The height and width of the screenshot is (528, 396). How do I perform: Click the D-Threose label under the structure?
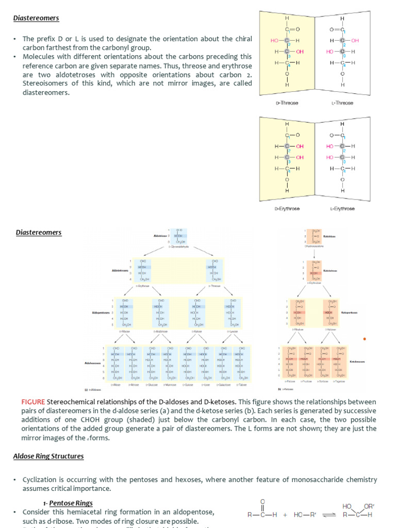point(287,103)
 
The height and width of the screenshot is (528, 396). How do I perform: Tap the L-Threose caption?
point(342,103)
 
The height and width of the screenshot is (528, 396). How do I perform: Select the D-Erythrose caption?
point(287,209)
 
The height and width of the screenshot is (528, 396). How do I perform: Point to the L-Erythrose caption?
point(342,209)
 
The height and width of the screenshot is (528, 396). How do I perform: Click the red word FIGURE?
point(33,402)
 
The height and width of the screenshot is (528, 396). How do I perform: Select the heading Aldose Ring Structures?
point(48,456)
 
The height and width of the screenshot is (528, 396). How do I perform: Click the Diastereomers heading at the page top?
point(36,18)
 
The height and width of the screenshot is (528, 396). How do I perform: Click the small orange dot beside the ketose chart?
point(365,339)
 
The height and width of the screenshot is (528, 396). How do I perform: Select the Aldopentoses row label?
point(101,312)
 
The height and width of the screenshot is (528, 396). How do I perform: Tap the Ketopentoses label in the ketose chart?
point(349,312)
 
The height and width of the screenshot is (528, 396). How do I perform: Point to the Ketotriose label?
point(329,237)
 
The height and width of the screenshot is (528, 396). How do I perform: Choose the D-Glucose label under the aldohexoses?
point(152,385)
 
